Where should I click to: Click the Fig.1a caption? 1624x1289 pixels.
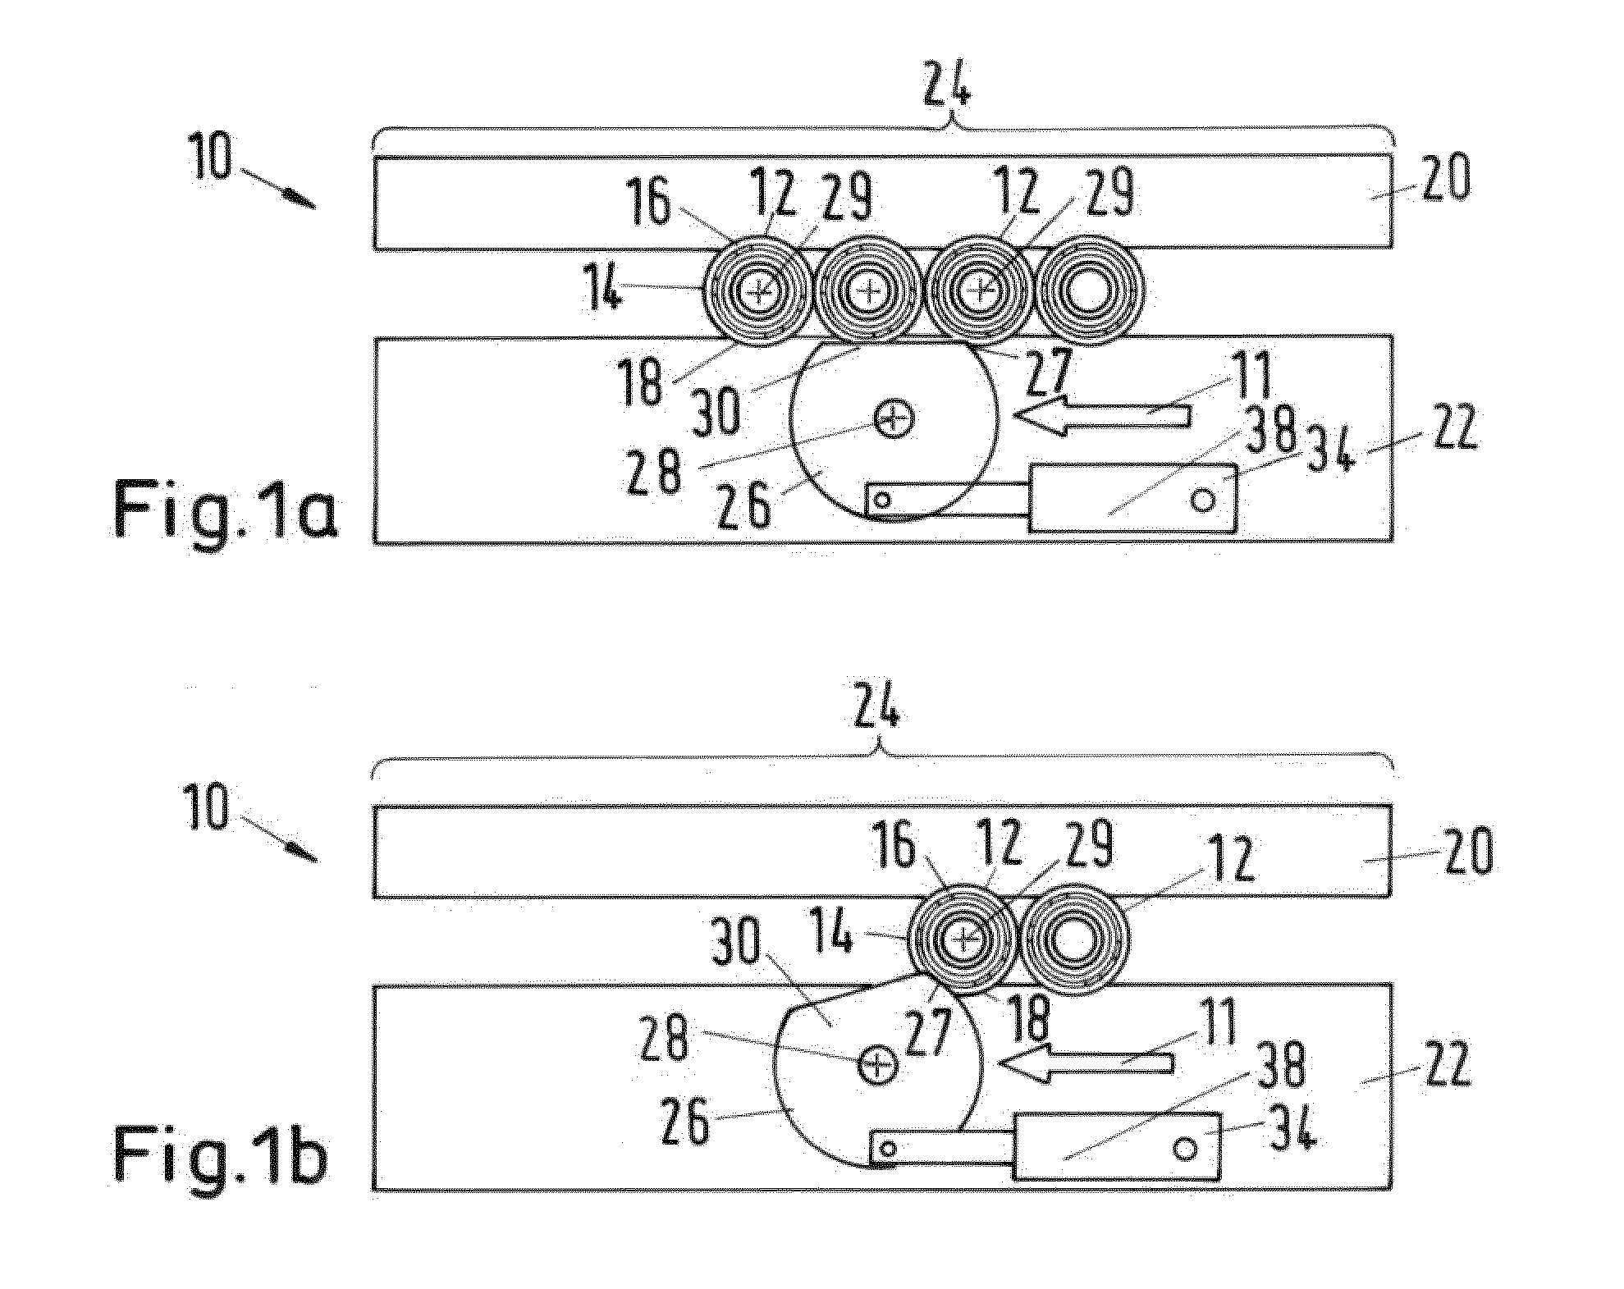click(x=225, y=510)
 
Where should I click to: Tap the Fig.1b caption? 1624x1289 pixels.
click(x=220, y=1155)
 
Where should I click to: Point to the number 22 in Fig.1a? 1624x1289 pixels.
click(x=1451, y=427)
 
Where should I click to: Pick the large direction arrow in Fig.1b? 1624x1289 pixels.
click(x=1085, y=1063)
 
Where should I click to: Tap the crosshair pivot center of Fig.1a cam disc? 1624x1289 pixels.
click(x=893, y=419)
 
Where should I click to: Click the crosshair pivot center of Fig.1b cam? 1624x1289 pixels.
click(x=877, y=1064)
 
